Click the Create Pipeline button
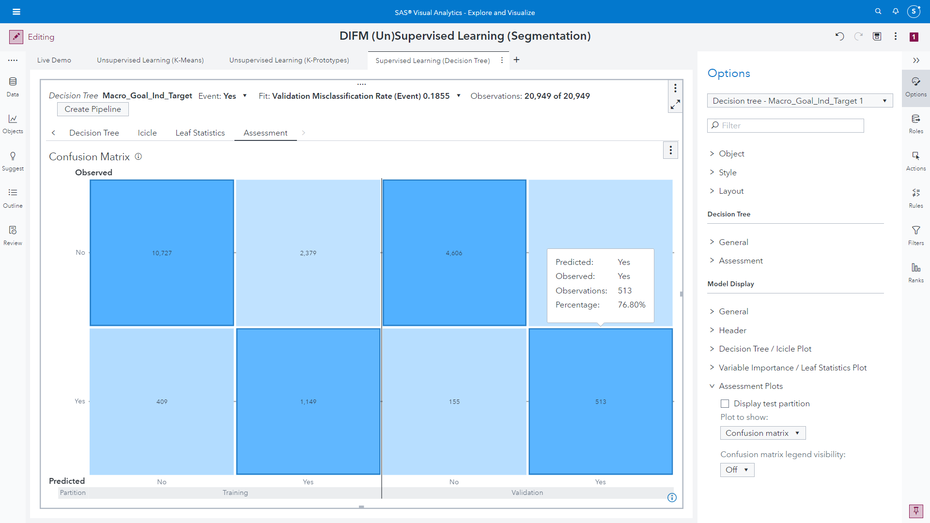(x=93, y=109)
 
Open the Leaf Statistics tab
(x=200, y=133)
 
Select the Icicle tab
(x=147, y=133)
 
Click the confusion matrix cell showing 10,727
(x=162, y=253)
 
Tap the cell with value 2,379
(x=308, y=253)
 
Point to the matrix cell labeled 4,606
(x=454, y=253)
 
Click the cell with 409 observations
(x=162, y=401)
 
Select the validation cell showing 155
(x=454, y=401)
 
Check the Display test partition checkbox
(x=725, y=403)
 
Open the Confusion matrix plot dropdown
(x=762, y=433)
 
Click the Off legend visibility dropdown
(x=737, y=470)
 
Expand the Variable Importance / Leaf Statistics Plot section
(x=792, y=368)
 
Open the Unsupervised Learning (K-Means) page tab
(x=150, y=60)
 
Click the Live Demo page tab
(x=54, y=60)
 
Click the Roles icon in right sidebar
(x=915, y=123)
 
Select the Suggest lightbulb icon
(x=13, y=160)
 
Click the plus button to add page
(x=516, y=60)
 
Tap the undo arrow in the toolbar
(x=839, y=36)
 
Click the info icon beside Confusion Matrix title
(x=138, y=156)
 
